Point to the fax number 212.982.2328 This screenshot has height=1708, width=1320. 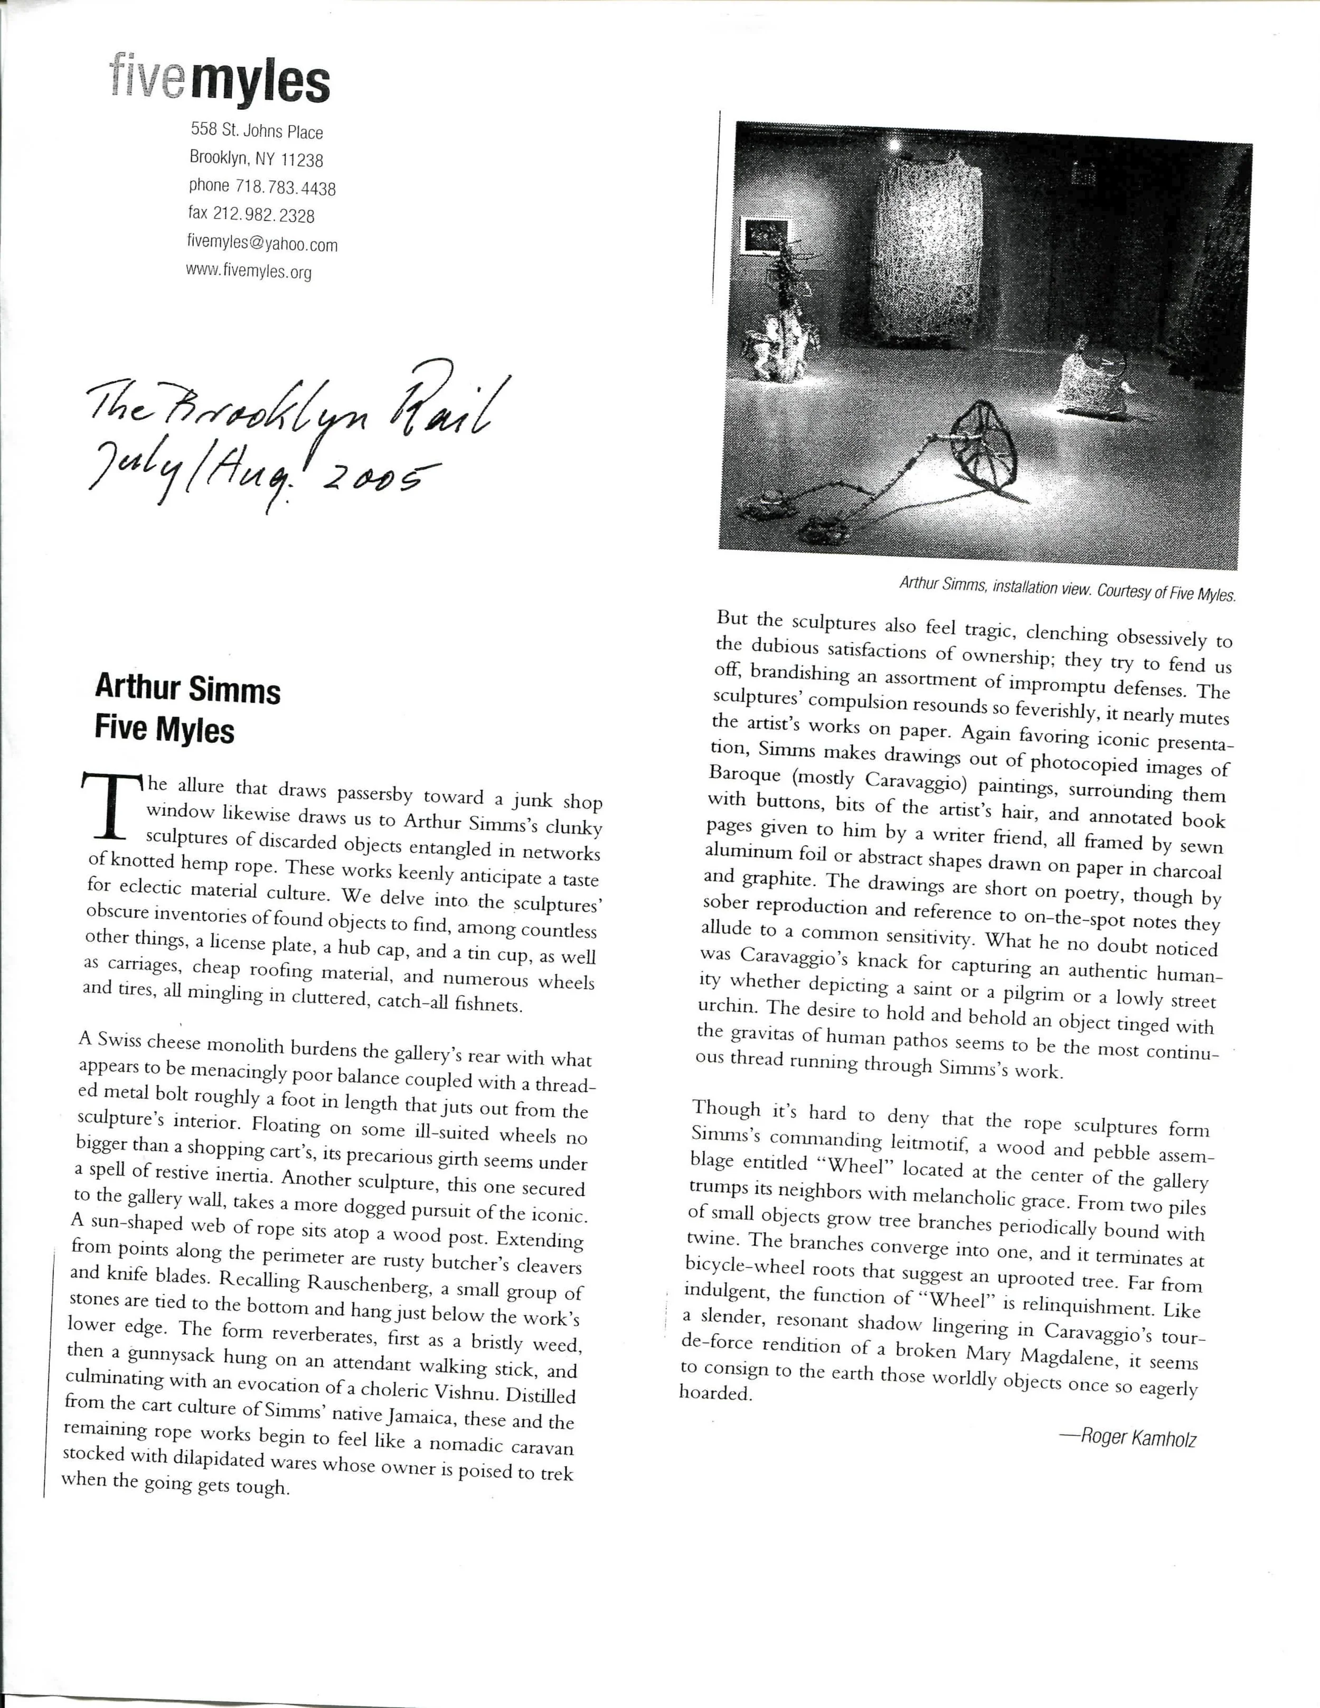click(x=263, y=215)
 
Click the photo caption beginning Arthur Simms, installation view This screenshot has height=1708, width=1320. click(x=1067, y=588)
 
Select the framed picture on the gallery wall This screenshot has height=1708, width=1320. click(x=766, y=234)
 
